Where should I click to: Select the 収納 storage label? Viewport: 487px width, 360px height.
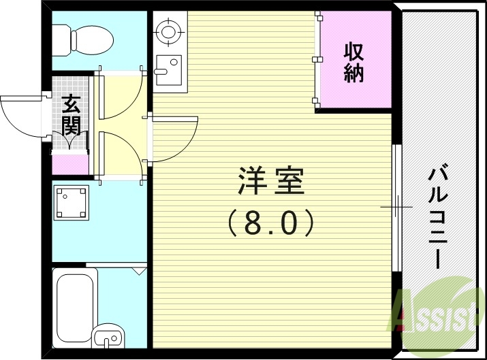354,62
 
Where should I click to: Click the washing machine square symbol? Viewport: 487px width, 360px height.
72,202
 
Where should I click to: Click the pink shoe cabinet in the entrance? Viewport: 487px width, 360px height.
70,163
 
